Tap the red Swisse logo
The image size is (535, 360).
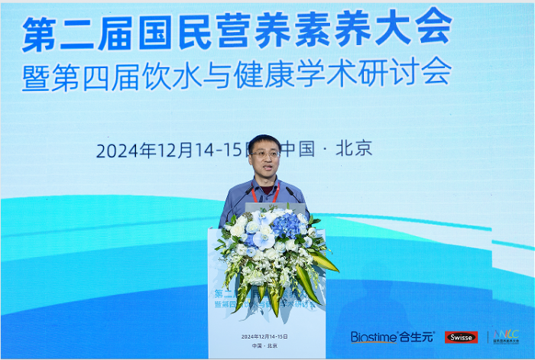(x=462, y=337)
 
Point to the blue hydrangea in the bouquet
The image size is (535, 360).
(x=287, y=224)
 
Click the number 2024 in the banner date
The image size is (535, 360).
(x=116, y=150)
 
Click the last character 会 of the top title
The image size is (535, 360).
(x=432, y=28)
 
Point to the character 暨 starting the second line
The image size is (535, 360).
(x=35, y=77)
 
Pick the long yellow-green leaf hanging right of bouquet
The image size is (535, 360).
(x=325, y=260)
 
